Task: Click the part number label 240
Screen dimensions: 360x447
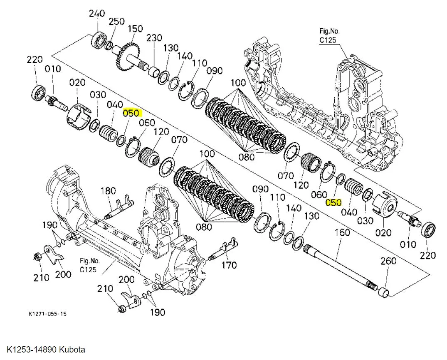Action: [96, 13]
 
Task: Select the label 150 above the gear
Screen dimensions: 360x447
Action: [135, 29]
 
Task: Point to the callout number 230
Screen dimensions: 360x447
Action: [154, 38]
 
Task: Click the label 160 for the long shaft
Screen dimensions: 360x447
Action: [342, 232]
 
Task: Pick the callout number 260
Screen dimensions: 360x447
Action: [388, 261]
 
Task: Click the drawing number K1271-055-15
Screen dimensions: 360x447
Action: [47, 314]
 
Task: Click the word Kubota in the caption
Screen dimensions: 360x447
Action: [72, 349]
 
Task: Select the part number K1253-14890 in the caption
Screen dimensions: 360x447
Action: [32, 349]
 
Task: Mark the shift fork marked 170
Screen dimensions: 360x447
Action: [222, 249]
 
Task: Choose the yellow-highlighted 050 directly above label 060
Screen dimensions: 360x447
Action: [132, 113]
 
